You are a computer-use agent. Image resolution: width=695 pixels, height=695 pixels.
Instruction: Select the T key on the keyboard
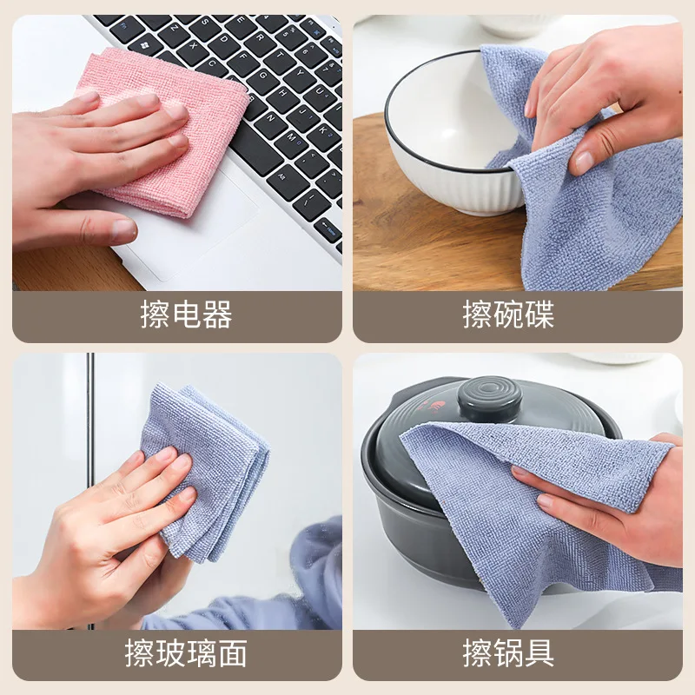tap(280, 55)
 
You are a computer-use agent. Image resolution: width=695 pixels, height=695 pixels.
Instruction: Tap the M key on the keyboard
tap(292, 138)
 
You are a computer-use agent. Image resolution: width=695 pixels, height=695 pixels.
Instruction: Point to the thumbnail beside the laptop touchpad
tap(121, 229)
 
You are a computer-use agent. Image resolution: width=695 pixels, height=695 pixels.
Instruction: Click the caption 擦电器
tap(186, 314)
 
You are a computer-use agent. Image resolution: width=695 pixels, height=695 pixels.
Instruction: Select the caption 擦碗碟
tap(508, 314)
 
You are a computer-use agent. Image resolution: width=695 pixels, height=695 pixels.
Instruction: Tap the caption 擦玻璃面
tap(186, 652)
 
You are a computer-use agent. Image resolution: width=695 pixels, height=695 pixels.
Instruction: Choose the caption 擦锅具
tap(508, 652)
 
